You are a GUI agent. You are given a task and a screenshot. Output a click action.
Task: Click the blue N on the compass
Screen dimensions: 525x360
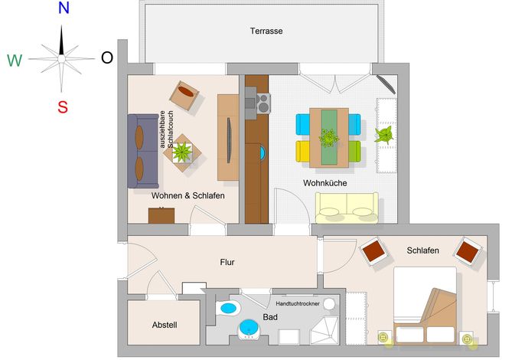click(64, 8)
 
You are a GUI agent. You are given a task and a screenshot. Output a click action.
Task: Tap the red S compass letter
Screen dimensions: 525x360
click(63, 107)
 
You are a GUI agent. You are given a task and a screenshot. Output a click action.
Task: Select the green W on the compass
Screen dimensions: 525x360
click(15, 61)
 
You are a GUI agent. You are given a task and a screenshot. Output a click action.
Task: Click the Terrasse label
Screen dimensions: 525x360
click(266, 31)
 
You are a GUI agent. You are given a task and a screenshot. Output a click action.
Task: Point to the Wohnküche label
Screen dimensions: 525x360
click(324, 183)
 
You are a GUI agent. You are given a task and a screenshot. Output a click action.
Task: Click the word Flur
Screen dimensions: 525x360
click(227, 262)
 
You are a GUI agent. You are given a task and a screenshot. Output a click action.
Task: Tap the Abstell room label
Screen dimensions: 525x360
click(165, 325)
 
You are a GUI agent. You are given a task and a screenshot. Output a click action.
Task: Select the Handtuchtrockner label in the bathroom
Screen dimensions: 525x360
click(298, 303)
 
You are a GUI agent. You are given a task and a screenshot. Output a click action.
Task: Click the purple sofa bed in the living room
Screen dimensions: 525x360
click(143, 151)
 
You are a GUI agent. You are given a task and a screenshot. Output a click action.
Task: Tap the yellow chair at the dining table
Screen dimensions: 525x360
click(303, 152)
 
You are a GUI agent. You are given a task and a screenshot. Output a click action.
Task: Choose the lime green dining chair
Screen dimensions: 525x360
click(354, 152)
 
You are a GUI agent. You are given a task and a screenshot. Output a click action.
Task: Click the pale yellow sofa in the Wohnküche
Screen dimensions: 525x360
click(347, 208)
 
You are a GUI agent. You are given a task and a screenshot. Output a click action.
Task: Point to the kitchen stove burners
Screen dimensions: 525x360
click(263, 103)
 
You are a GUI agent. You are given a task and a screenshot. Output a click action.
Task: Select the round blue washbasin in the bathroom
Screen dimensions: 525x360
click(249, 328)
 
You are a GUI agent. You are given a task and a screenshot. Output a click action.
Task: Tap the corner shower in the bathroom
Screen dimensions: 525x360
click(324, 330)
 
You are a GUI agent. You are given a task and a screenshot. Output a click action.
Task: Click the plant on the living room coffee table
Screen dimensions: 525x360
click(182, 152)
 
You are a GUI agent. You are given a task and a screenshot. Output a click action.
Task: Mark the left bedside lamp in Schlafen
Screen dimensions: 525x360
click(383, 337)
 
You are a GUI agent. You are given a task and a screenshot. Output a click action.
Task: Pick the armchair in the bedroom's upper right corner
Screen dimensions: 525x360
click(468, 252)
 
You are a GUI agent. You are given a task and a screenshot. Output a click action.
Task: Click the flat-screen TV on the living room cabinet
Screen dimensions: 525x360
click(229, 140)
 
